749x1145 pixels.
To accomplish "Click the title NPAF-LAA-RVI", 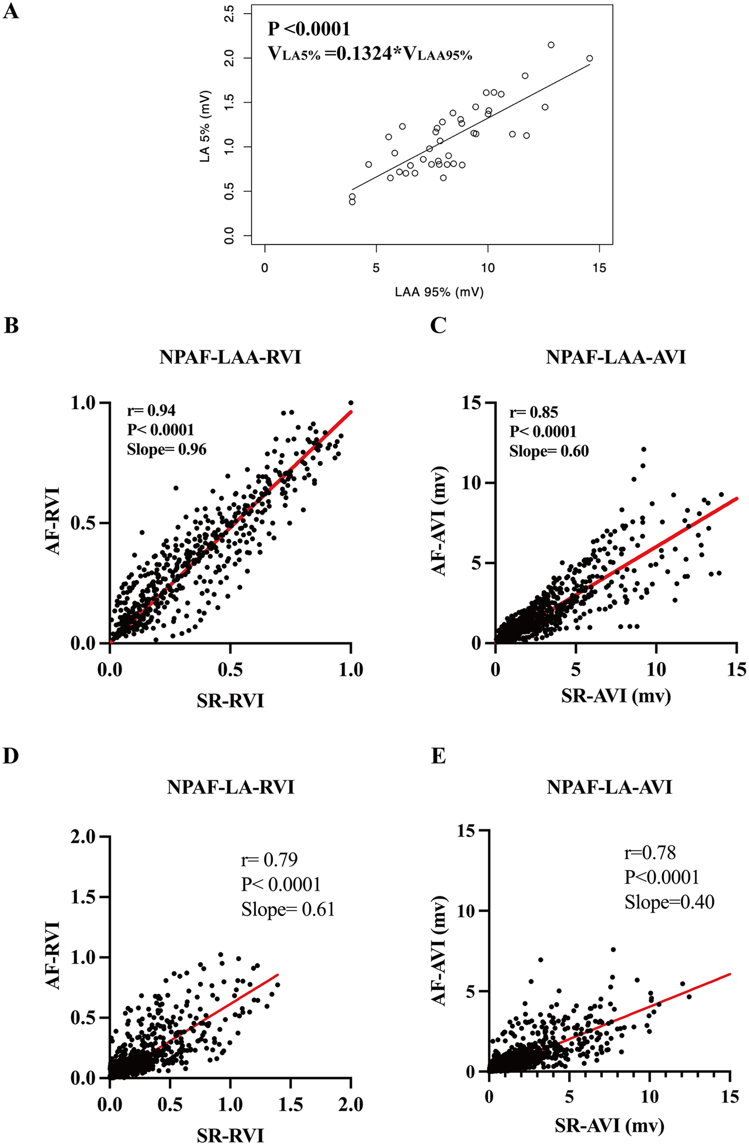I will (230, 357).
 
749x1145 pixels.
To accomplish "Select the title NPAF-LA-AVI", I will (609, 787).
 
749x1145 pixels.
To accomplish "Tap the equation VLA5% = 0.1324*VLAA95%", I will (369, 55).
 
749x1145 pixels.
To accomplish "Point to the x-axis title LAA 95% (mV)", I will (439, 292).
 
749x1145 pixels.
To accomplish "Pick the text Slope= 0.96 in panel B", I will (166, 449).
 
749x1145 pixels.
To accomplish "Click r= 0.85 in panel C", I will (534, 412).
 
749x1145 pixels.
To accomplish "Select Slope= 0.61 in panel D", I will (288, 909).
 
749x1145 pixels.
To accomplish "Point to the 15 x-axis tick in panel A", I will (599, 267).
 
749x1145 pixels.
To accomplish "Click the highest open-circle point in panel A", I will (551, 45).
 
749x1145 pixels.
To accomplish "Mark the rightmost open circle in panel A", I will (589, 58).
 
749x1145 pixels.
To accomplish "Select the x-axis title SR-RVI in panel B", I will (230, 701).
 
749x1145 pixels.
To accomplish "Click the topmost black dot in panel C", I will (643, 449).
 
